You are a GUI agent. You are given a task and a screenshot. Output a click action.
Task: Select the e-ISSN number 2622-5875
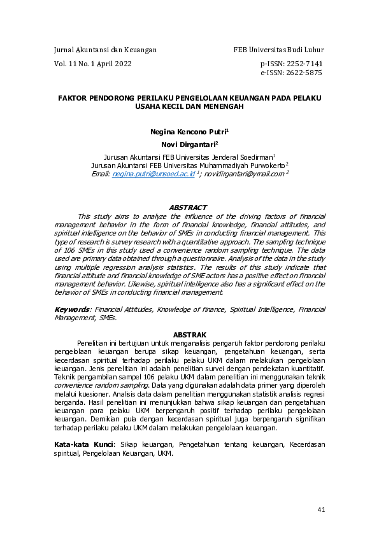click(x=301, y=73)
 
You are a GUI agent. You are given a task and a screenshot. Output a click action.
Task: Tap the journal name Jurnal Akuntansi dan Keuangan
click(x=105, y=50)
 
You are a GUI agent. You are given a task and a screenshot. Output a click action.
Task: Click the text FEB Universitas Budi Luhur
click(x=278, y=50)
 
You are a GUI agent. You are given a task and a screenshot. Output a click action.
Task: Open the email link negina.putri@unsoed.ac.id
click(x=153, y=173)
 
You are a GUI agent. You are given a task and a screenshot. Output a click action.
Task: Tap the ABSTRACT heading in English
click(x=188, y=208)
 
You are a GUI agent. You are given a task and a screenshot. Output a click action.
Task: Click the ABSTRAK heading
click(x=190, y=335)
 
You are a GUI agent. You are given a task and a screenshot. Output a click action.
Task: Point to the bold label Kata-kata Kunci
click(x=83, y=443)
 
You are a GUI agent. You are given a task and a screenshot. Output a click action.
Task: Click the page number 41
click(x=320, y=510)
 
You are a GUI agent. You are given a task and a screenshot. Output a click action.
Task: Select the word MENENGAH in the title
click(x=225, y=108)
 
